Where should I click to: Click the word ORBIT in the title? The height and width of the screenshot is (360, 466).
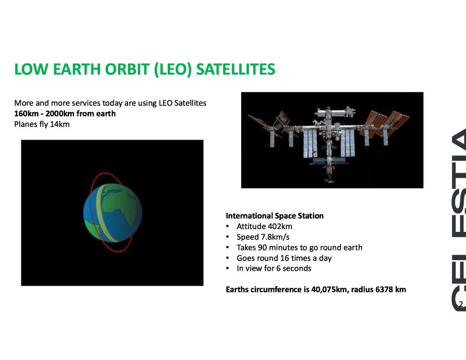point(128,69)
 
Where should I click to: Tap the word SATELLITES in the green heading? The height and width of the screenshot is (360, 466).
point(236,69)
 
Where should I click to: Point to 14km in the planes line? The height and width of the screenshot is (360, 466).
point(60,124)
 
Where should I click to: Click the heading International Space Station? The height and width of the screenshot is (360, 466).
point(275,216)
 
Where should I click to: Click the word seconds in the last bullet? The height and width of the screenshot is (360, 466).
point(297,269)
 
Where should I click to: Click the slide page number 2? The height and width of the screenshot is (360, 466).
point(461,304)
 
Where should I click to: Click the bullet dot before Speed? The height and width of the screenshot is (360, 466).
point(228,237)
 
